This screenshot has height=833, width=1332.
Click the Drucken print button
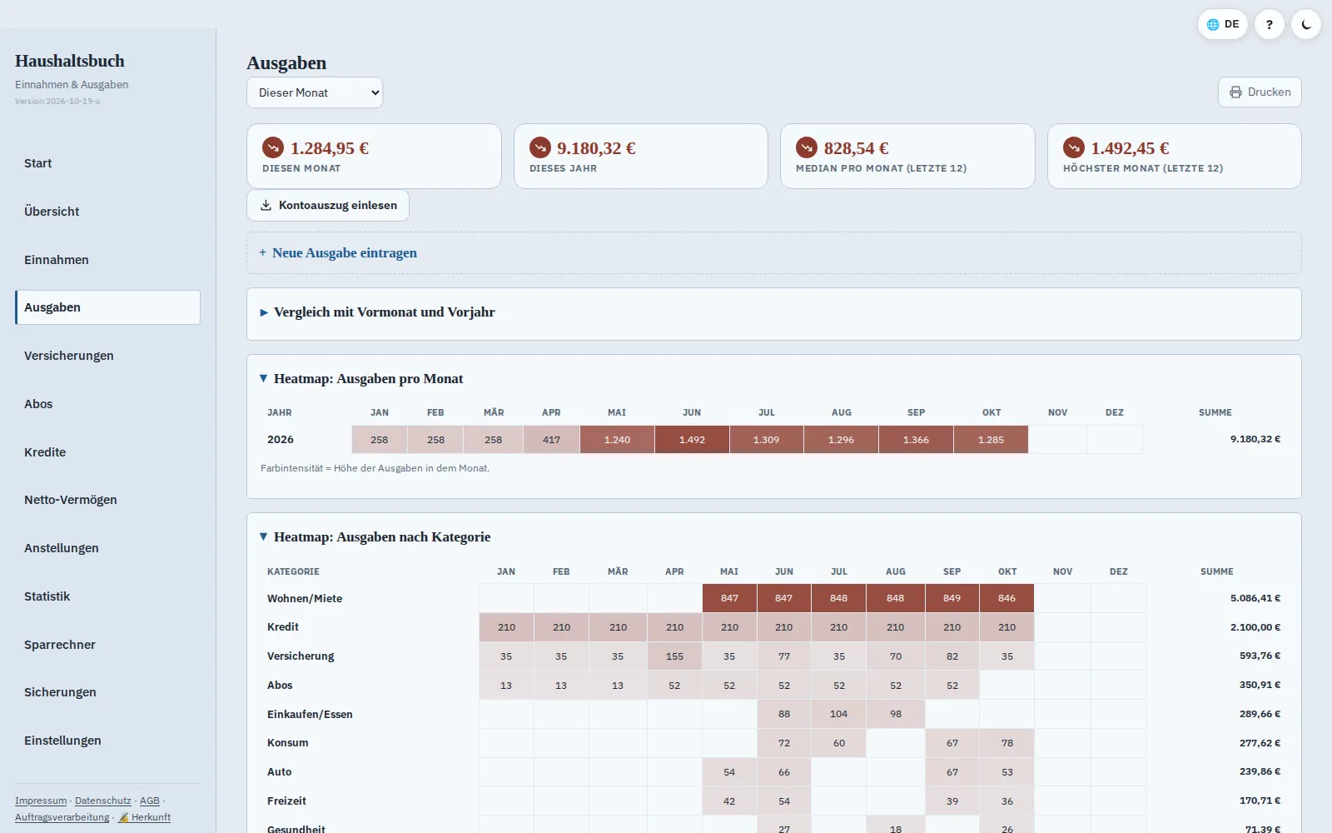tap(1260, 92)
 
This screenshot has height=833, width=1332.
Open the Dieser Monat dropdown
tap(315, 92)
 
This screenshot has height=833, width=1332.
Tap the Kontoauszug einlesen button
tap(328, 205)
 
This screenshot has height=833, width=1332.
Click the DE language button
tap(1223, 24)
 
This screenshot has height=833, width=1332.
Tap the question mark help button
tap(1270, 24)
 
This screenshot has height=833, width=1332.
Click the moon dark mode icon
tap(1306, 24)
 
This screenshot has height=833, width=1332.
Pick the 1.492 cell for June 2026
tap(692, 440)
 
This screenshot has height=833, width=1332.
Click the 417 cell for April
tap(551, 440)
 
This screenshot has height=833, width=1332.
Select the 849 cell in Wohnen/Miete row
tap(952, 598)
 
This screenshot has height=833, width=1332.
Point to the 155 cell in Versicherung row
tap(674, 656)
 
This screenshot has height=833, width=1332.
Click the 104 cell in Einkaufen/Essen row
tap(839, 714)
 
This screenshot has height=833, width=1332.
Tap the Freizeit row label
tap(286, 801)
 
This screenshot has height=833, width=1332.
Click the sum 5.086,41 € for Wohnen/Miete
tap(1255, 598)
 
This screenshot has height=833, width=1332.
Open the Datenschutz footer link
tap(103, 801)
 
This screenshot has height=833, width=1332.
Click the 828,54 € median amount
tap(857, 148)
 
